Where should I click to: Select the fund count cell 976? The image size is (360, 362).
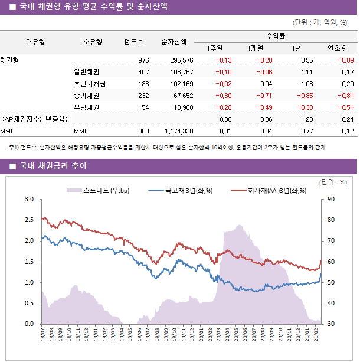point(143,60)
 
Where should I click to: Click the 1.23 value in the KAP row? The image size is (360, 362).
point(306,119)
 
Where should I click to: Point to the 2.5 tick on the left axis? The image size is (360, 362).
point(29,220)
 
